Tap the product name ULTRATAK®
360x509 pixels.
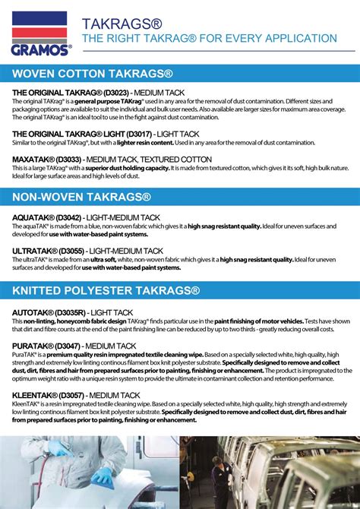[34, 249]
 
